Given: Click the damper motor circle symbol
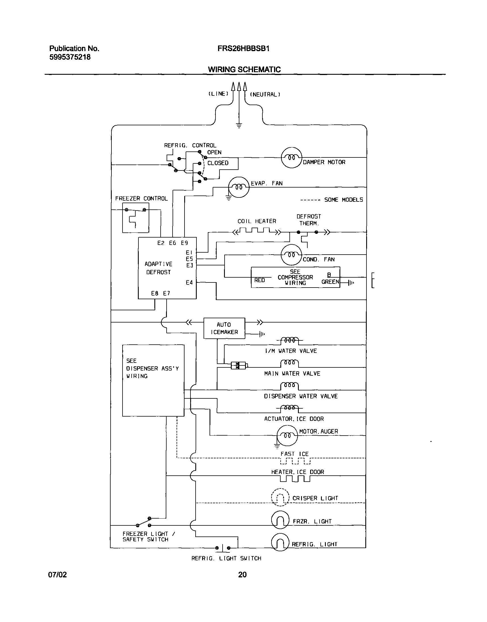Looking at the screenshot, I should (291, 158).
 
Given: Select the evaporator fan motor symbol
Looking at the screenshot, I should (239, 187).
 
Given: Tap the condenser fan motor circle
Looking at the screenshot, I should (291, 255).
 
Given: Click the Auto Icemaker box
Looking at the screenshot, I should (224, 328).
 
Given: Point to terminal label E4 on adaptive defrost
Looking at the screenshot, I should (189, 282).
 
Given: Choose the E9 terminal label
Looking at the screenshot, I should (185, 243).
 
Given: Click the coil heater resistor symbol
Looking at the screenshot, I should (257, 231).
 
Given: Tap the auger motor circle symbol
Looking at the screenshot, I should (287, 435).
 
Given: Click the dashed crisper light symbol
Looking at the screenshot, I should (280, 497).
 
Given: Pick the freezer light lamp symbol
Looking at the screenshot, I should (280, 520).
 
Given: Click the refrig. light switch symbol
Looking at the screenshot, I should (223, 548).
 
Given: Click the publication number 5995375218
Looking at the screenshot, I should (70, 57).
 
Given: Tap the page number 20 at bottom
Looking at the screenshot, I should (242, 575).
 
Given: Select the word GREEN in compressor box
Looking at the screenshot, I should (330, 282).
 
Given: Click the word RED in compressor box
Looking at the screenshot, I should (260, 280).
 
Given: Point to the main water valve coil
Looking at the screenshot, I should (289, 363).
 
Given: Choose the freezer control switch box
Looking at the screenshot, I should (135, 218).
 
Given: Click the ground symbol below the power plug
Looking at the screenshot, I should (239, 125).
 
